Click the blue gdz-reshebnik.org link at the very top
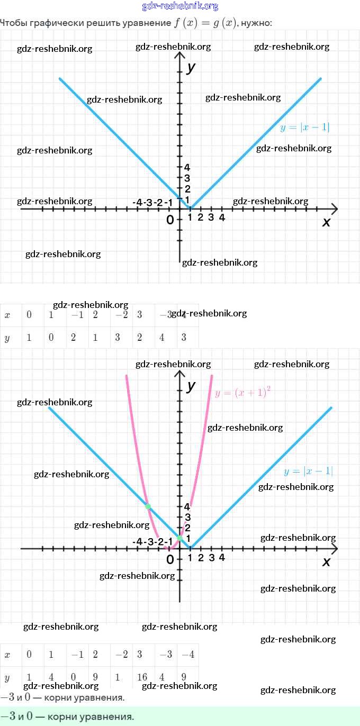[x=180, y=6]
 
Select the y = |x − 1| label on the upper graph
[x=305, y=127]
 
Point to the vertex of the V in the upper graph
[x=191, y=208]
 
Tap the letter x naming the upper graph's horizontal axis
[x=326, y=222]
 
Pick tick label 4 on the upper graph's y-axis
[x=187, y=168]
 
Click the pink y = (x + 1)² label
[x=243, y=393]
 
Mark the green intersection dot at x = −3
[x=148, y=506]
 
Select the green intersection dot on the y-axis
[x=180, y=538]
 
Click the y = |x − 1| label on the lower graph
[x=308, y=471]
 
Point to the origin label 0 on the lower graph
[x=170, y=559]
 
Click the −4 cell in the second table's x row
[x=188, y=655]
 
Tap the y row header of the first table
[x=7, y=338]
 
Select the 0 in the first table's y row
[x=51, y=338]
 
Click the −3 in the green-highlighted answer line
[x=7, y=716]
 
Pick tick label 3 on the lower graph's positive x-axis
[x=211, y=557]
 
